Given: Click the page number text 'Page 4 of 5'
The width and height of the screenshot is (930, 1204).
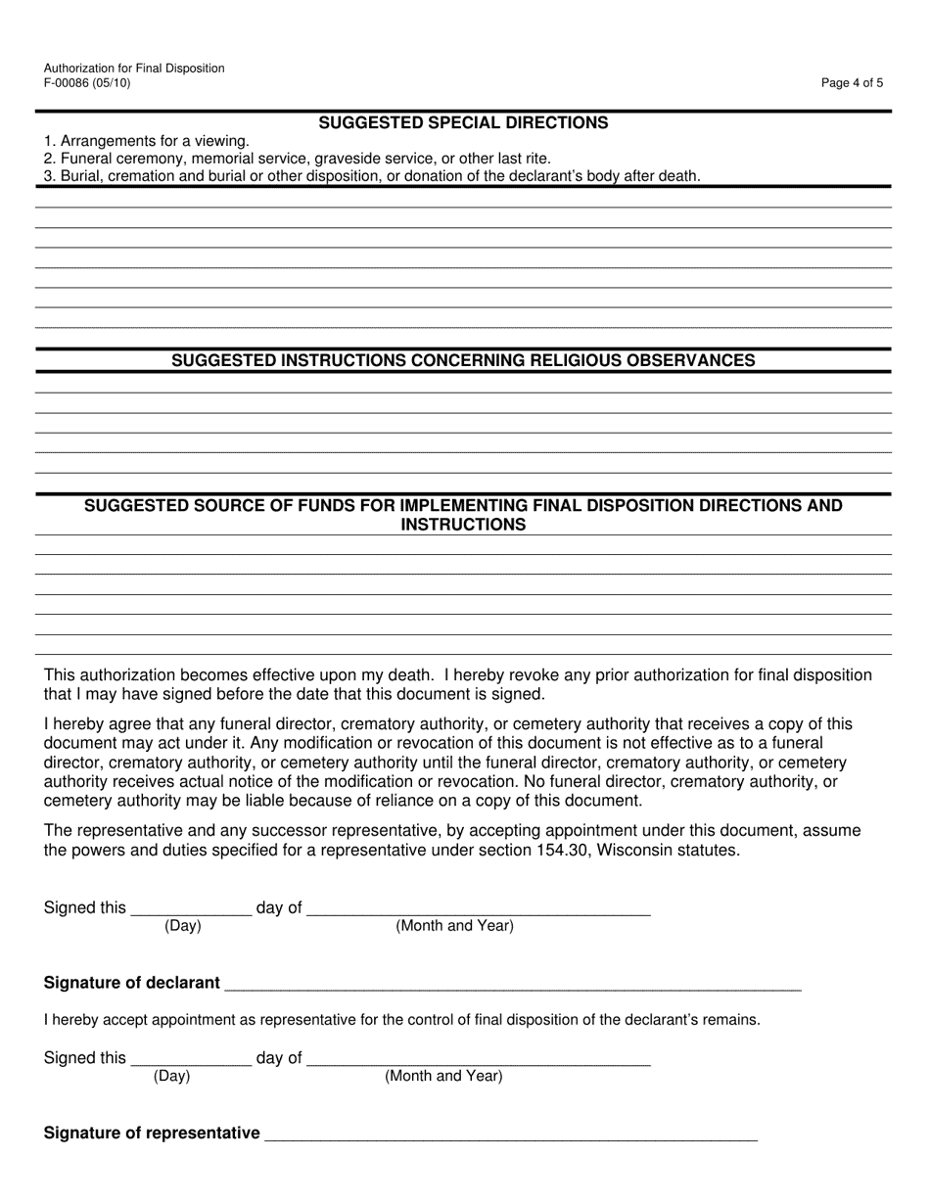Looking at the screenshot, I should click(x=852, y=83).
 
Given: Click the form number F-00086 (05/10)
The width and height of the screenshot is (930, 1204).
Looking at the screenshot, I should click(x=86, y=83).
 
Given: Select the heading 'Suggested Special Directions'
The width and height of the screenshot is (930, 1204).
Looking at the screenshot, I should click(x=463, y=123).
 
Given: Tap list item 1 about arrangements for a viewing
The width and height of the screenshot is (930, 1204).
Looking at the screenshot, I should click(x=147, y=141).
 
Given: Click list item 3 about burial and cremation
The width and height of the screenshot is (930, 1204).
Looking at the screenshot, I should click(x=372, y=176).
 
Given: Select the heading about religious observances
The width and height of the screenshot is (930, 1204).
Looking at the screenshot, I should click(x=463, y=361).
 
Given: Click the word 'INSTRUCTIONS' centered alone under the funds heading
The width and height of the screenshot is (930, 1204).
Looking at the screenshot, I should click(x=463, y=525).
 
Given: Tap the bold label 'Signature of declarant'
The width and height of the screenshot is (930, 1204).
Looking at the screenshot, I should click(x=132, y=983).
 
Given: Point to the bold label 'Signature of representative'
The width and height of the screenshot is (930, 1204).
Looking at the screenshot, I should click(x=152, y=1133).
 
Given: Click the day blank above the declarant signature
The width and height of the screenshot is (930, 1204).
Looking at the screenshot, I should click(x=191, y=910).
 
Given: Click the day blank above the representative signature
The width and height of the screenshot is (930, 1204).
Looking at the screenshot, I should click(x=191, y=1060).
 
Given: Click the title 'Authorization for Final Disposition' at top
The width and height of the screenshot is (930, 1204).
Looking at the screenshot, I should click(x=134, y=69).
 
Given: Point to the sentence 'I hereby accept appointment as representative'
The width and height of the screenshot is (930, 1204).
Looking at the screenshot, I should click(x=401, y=1020).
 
